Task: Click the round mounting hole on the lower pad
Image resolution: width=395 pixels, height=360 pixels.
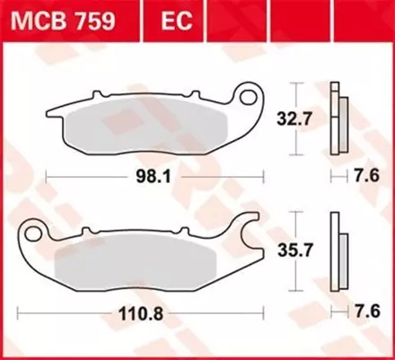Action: coord(34,234)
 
